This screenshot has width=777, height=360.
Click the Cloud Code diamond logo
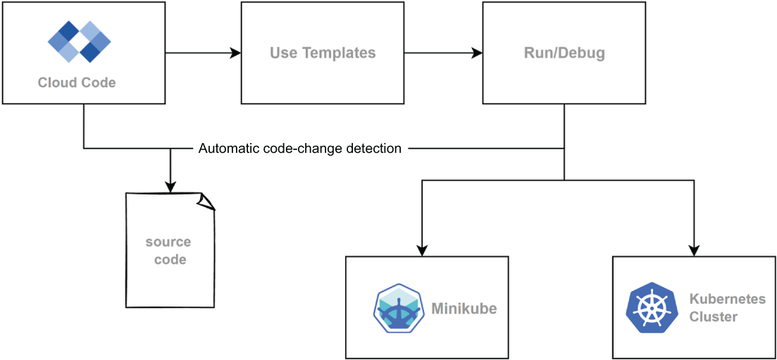pos(80,42)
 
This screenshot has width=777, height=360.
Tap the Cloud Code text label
pos(77,82)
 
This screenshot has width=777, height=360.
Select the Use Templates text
pos(323,53)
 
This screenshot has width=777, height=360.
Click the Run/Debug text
pos(564,53)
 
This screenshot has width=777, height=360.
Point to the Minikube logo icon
pos(398,308)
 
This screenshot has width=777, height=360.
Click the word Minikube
pos(464,309)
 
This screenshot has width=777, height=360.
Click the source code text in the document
pos(168,250)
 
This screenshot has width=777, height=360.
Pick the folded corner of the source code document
pos(206,200)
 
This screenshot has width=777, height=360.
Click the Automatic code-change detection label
pos(300,148)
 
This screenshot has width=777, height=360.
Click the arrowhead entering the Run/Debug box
pos(477,53)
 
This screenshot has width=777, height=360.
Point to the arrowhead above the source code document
pos(170,187)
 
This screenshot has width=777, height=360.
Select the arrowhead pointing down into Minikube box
pos(422,249)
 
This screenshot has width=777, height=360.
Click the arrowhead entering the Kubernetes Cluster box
pos(694,249)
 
